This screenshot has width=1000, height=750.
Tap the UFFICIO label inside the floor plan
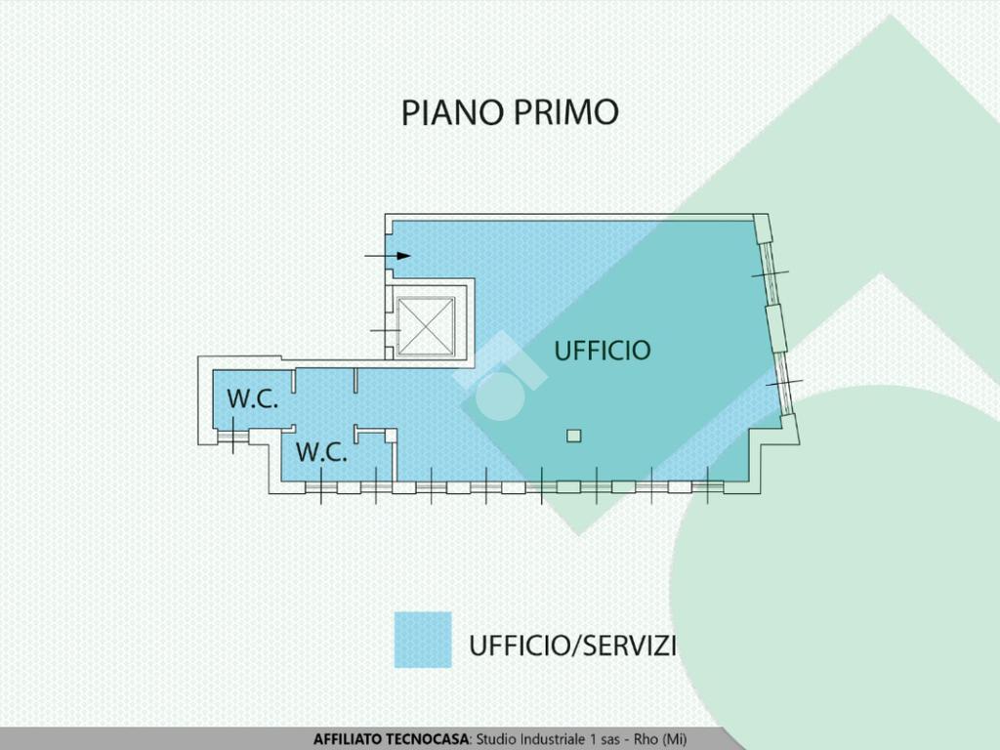603,350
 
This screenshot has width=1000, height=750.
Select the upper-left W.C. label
253,398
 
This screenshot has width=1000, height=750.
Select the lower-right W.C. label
321,452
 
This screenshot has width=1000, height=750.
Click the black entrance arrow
389,256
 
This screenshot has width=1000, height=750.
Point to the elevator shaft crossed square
427,325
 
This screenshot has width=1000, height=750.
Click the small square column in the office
574,436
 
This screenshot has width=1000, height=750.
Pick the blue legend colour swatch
423,640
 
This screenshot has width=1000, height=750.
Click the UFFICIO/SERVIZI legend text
573,646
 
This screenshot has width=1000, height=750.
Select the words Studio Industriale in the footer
526,739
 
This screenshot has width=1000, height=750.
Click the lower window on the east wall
784,382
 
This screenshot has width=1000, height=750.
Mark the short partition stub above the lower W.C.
357,380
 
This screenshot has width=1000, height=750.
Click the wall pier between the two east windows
776,326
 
